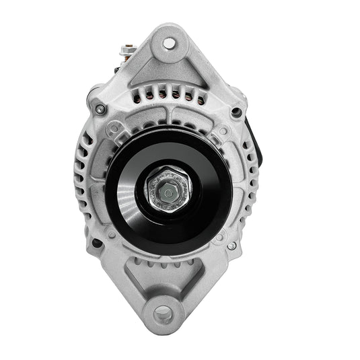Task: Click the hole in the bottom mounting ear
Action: (164, 314)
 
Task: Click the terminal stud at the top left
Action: (127, 49)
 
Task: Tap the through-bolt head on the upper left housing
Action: (100, 109)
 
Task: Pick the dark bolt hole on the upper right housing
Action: (236, 112)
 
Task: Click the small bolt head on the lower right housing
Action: (231, 246)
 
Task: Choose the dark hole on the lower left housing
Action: (96, 243)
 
